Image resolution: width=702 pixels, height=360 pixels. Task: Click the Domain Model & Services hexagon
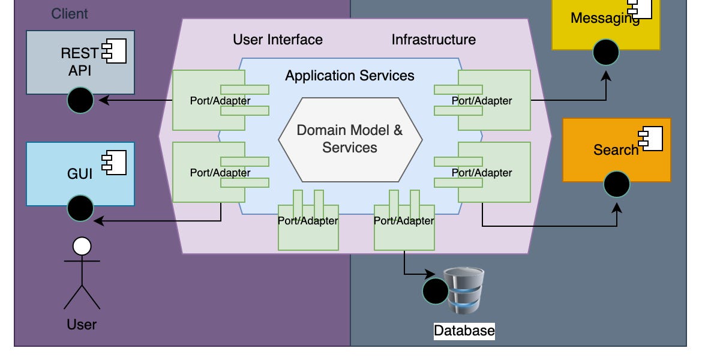pyautogui.click(x=350, y=139)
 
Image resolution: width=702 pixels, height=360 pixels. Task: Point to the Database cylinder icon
pyautogui.click(x=464, y=291)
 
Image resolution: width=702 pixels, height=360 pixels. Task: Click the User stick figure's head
pyautogui.click(x=82, y=246)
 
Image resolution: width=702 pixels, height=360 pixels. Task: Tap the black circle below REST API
pyautogui.click(x=80, y=100)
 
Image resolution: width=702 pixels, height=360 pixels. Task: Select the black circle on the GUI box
pyautogui.click(x=80, y=208)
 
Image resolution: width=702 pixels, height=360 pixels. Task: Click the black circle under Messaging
pyautogui.click(x=606, y=52)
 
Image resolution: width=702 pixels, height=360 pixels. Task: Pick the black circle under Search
pyautogui.click(x=616, y=184)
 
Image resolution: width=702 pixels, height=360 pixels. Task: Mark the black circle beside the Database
pyautogui.click(x=436, y=292)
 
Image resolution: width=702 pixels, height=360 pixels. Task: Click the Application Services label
pyautogui.click(x=349, y=76)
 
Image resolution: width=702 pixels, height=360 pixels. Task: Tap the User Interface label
pyautogui.click(x=278, y=40)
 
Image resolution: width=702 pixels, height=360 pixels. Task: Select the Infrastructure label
pyautogui.click(x=433, y=40)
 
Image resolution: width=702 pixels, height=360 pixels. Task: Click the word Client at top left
pyautogui.click(x=70, y=13)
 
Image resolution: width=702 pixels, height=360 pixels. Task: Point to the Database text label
pyautogui.click(x=464, y=331)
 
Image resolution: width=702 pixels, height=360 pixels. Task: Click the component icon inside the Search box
pyautogui.click(x=652, y=139)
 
